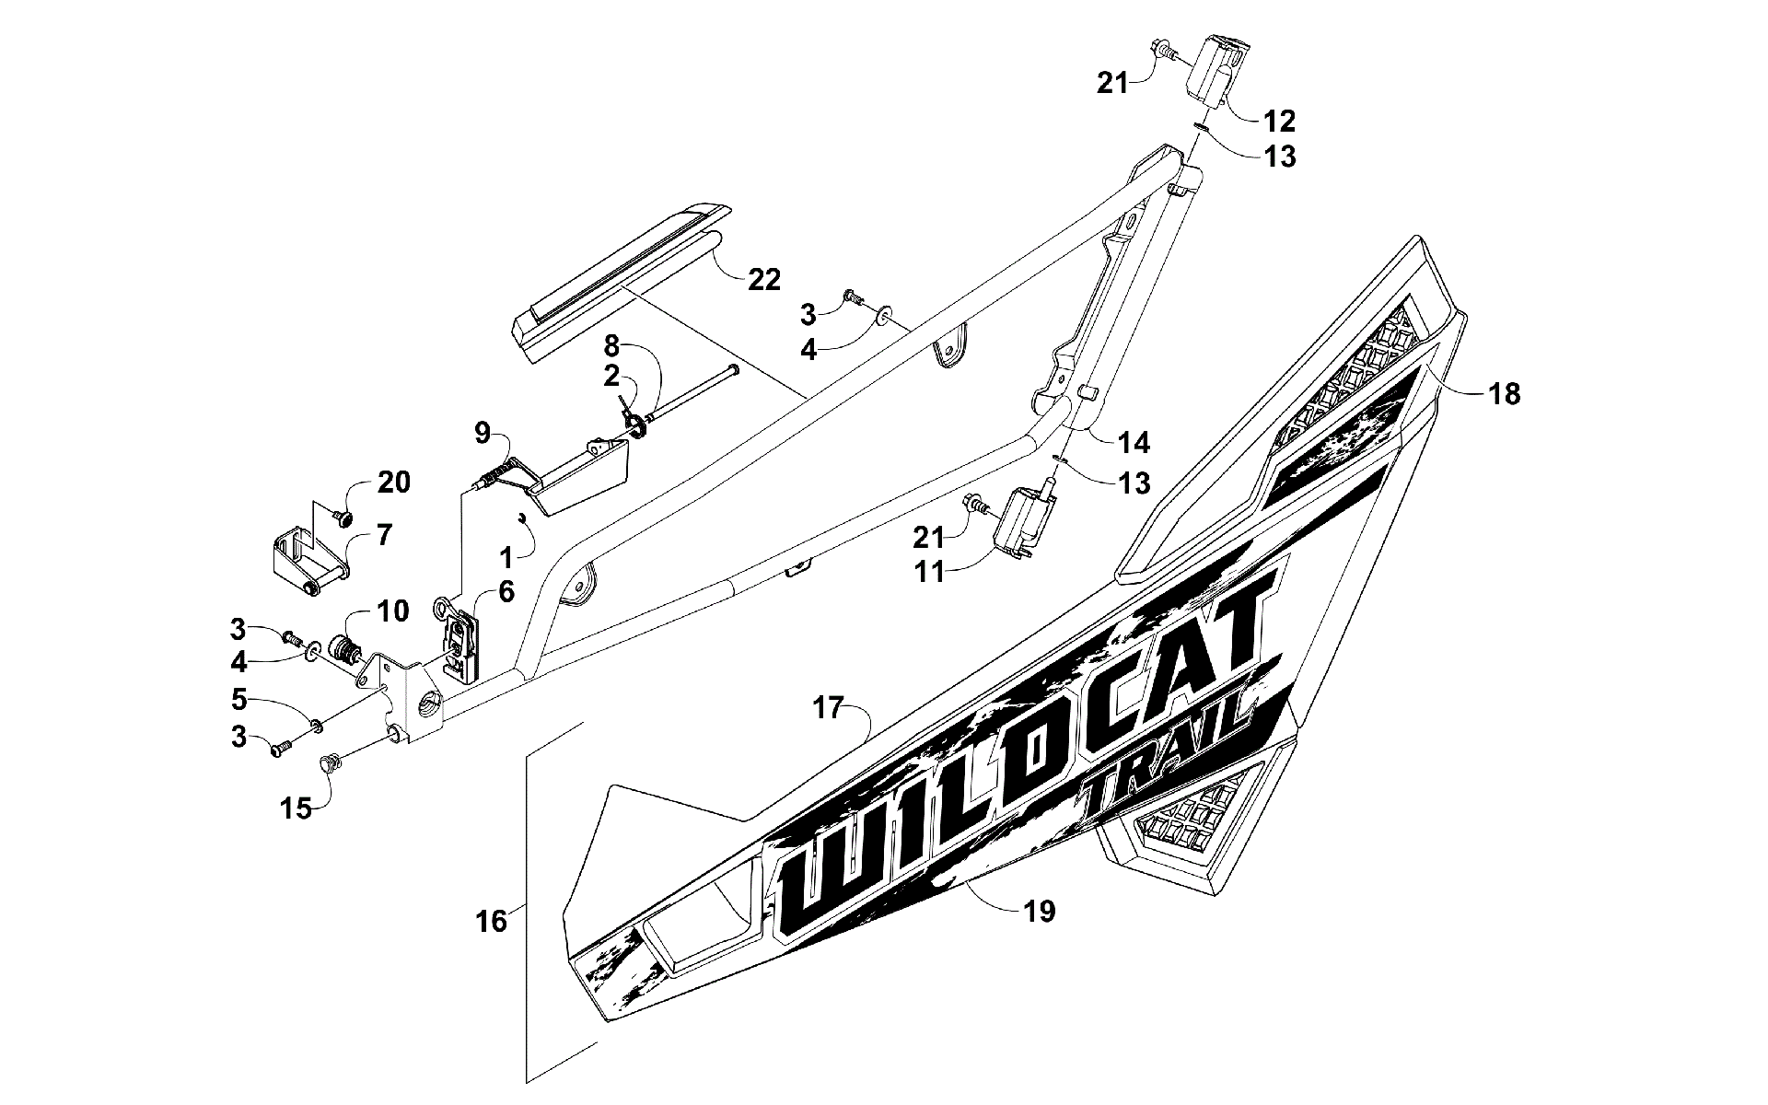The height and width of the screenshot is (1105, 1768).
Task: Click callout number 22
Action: pos(762,278)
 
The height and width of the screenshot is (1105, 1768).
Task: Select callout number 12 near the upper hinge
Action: pos(1279,120)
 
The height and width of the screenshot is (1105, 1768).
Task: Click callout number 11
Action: pos(930,571)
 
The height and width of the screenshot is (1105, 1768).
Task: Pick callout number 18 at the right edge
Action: pos(1504,394)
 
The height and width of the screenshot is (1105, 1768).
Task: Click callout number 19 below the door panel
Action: pos(1039,912)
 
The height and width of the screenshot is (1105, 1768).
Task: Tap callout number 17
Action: pos(829,709)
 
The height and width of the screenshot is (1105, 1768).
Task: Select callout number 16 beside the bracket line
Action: pos(493,921)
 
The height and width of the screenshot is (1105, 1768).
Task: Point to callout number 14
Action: pos(1134,442)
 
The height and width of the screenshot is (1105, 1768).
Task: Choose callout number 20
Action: pos(393,483)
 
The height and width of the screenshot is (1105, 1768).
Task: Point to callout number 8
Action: pos(611,347)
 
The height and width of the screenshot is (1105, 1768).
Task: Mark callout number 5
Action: pos(239,700)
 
